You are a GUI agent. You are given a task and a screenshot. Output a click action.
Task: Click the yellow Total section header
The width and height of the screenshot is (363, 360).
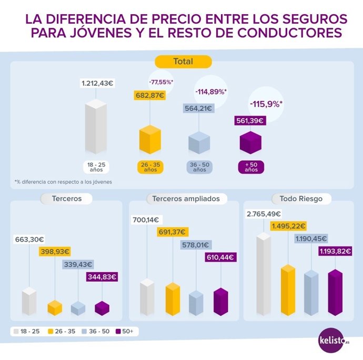tap(183, 61)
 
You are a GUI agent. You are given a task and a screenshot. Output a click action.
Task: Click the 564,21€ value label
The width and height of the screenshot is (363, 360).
tap(198, 109)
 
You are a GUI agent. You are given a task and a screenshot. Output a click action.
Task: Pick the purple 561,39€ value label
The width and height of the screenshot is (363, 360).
tap(249, 121)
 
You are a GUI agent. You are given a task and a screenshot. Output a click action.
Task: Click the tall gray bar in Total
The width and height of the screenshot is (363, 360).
tap(96, 127)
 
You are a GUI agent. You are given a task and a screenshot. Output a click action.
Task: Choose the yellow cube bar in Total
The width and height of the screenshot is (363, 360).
tap(149, 140)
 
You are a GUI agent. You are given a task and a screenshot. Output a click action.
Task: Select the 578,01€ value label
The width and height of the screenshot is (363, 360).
tap(196, 244)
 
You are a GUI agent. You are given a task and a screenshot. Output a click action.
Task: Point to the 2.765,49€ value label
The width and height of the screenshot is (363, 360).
tap(263, 214)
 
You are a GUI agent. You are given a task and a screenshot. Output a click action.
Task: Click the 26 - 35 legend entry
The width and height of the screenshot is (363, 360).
tap(61, 332)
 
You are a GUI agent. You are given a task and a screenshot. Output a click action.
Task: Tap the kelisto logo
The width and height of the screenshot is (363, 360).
tap(334, 339)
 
